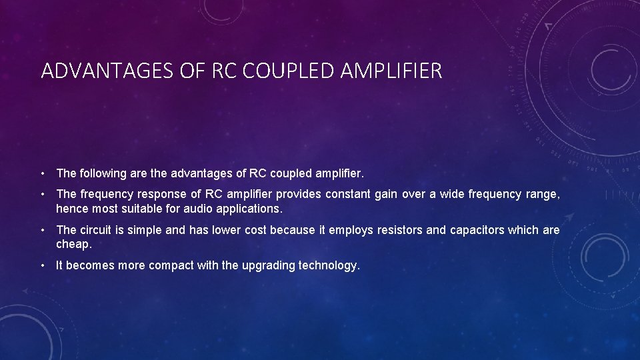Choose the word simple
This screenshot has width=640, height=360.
[145, 230]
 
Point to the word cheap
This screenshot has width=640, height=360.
[73, 244]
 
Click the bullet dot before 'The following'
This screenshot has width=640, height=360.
[43, 173]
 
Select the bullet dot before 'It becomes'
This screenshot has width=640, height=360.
[43, 265]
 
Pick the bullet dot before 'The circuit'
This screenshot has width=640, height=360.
[43, 230]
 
